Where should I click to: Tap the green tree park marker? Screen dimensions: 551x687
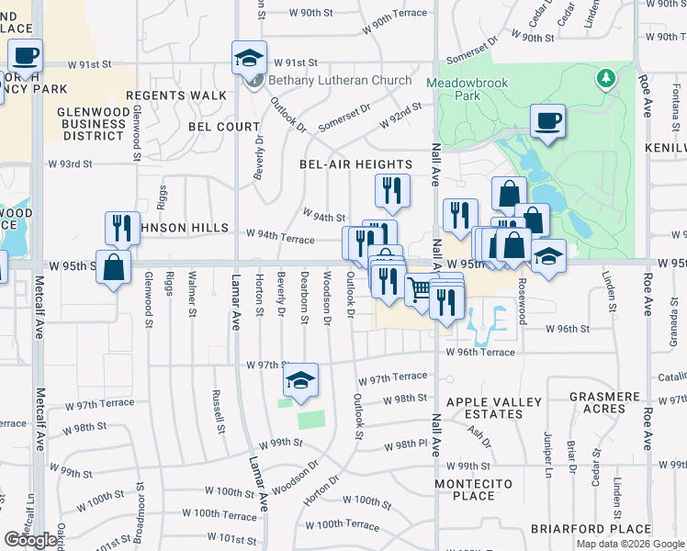(605, 79)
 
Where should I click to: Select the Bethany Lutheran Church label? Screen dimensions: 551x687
(340, 80)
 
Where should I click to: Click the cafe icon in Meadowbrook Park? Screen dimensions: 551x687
(547, 121)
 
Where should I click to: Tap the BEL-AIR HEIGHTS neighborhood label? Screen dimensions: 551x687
(355, 163)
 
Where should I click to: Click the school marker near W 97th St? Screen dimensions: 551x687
(300, 380)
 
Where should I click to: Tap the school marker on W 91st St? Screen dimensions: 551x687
(249, 58)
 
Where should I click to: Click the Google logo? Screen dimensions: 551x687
(31, 540)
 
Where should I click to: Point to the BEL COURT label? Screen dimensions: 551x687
(225, 126)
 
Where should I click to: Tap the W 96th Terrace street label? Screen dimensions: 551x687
(480, 352)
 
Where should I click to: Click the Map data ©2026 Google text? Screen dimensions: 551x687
(630, 544)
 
